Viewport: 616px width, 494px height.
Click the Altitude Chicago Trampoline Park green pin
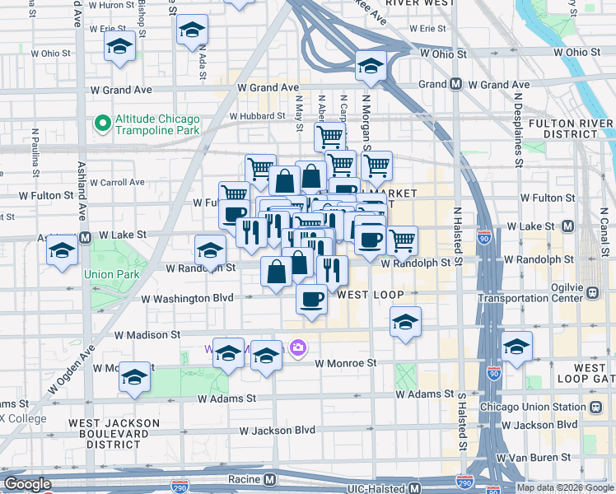(102, 123)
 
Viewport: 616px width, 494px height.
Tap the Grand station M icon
(455, 85)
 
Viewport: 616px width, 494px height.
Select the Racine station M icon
(270, 479)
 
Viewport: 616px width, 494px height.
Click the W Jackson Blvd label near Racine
(278, 431)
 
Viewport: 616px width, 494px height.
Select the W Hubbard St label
(257, 117)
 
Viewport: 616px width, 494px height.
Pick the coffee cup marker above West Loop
(311, 300)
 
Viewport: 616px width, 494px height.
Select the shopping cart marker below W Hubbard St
(329, 136)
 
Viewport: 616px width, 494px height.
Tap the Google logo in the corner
(28, 484)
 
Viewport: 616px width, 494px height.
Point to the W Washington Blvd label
(188, 299)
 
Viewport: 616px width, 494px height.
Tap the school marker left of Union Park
(63, 252)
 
